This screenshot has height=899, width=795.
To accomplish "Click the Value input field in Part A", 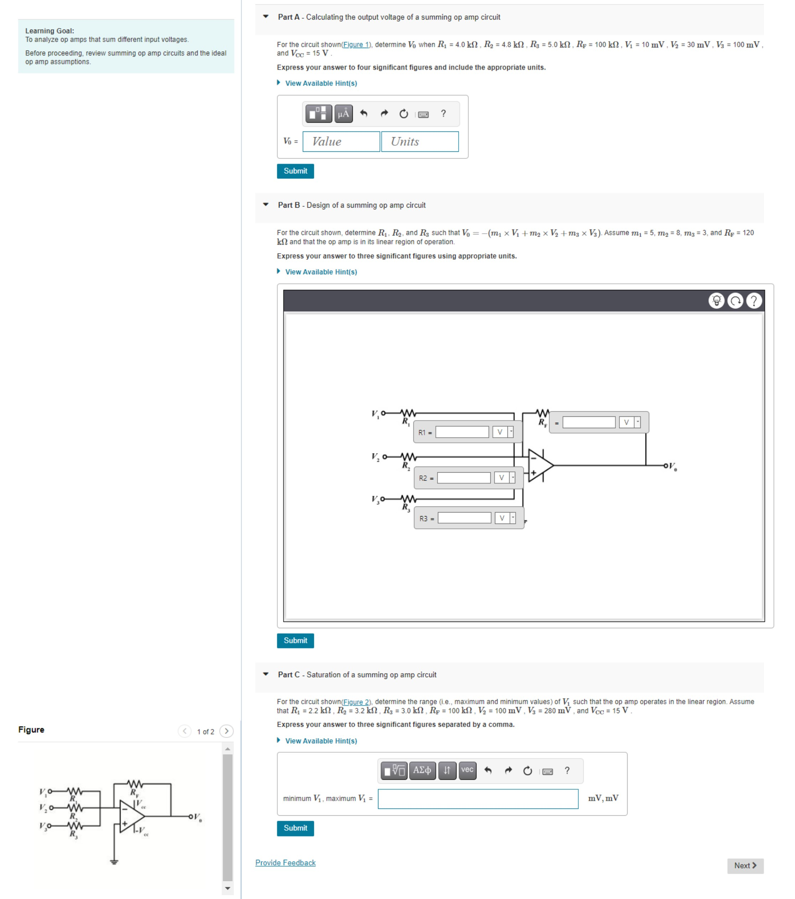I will tap(341, 142).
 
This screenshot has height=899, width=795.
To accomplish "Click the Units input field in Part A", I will tap(420, 142).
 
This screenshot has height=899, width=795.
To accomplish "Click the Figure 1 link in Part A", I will tap(356, 45).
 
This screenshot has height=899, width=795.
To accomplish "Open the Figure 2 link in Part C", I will tap(356, 702).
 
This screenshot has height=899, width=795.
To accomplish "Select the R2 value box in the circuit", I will tap(464, 478).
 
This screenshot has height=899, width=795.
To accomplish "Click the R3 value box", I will tap(464, 518).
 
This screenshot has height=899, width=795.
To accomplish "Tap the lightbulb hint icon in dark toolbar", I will tap(716, 301).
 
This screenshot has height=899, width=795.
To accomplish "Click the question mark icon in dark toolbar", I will tap(754, 301).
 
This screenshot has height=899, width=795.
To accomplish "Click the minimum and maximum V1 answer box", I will tap(478, 799).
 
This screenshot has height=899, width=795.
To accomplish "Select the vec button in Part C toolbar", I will tap(467, 770).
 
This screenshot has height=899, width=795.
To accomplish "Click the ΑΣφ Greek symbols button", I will tap(422, 770).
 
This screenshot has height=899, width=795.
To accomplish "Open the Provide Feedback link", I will tap(285, 863).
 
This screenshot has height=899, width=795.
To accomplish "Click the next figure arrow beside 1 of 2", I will tap(226, 731).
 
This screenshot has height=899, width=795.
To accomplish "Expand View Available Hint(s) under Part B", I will tap(321, 272).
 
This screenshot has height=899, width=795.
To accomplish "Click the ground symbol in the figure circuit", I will tap(114, 862).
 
